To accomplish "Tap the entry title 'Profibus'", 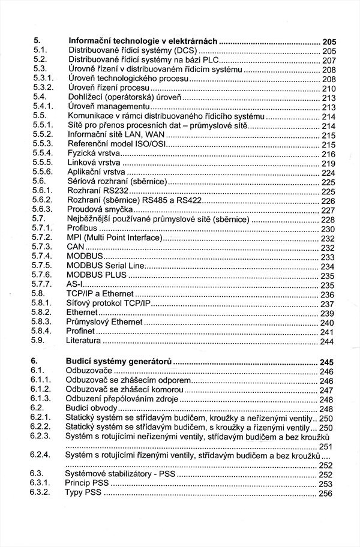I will (x=81, y=229).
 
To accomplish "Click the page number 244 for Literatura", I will (x=326, y=342).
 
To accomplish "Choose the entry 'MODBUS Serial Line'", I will (x=106, y=266).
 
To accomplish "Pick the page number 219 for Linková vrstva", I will (x=327, y=163).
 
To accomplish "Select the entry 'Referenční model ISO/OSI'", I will (x=116, y=145).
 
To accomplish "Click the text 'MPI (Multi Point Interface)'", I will (x=114, y=238).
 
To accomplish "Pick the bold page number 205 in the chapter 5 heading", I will (x=328, y=42).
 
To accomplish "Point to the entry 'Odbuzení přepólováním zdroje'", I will (x=122, y=399).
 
